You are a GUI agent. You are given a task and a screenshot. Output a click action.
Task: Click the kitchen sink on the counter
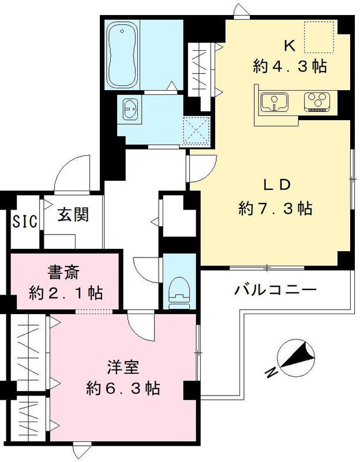click(272, 102)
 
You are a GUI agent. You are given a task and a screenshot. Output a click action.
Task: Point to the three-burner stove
click(317, 101)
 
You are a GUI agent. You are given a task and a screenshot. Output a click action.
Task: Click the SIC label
click(25, 220)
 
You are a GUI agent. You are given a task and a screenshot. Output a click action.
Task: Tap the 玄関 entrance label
click(73, 215)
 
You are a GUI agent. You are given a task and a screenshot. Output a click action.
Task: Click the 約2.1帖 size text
click(66, 293)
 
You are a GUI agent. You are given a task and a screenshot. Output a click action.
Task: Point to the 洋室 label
click(123, 366)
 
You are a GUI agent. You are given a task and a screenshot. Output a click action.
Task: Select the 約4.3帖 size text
click(290, 66)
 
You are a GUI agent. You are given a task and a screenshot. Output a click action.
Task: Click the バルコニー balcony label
click(275, 289)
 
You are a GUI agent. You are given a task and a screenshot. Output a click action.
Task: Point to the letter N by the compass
click(269, 374)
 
